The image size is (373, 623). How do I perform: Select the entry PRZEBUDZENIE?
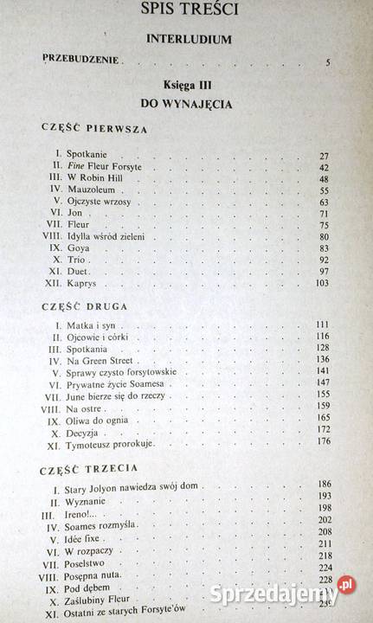coord(82,61)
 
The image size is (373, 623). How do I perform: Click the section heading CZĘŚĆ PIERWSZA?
coord(94,129)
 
